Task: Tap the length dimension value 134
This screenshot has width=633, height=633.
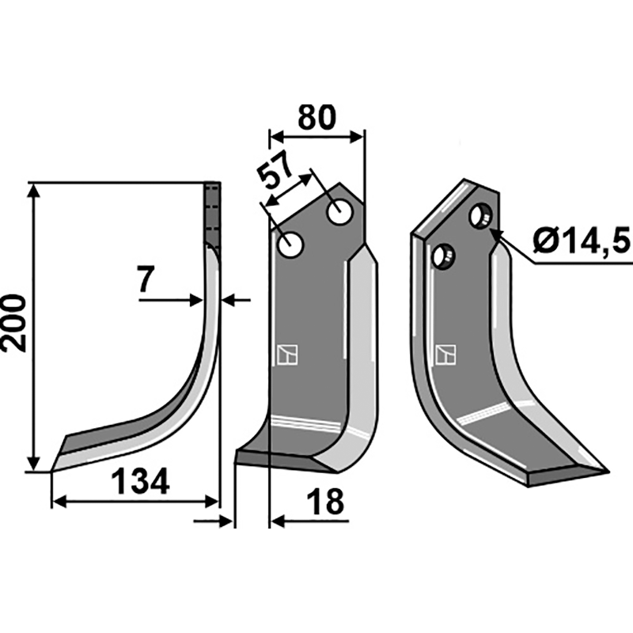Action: coord(139,481)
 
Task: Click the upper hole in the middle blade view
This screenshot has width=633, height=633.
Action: coord(341,212)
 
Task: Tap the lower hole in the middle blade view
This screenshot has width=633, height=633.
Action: coord(290,244)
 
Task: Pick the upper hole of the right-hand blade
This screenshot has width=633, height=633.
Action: coord(480,215)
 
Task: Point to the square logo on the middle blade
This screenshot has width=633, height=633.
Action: coord(286,355)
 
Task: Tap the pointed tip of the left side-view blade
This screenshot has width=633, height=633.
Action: coord(53,470)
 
